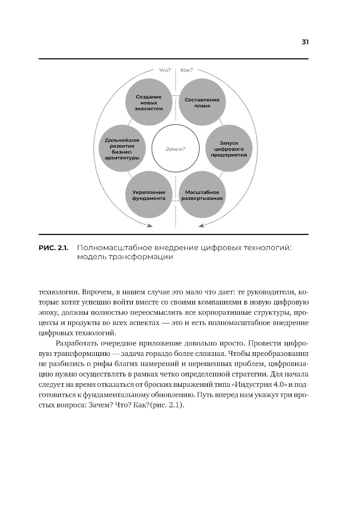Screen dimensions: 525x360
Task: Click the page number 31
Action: (x=305, y=42)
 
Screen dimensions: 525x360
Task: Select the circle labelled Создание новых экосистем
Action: (x=148, y=103)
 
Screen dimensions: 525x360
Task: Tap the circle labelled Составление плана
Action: (x=202, y=103)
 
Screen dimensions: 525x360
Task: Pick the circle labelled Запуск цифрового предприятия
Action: (x=229, y=149)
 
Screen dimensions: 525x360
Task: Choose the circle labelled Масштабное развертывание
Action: (x=202, y=195)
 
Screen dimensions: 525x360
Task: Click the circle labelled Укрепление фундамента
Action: (x=148, y=195)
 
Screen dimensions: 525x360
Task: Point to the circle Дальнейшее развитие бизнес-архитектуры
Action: (x=122, y=149)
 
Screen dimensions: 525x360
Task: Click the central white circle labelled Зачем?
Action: (x=175, y=149)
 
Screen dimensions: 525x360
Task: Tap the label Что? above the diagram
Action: (x=165, y=70)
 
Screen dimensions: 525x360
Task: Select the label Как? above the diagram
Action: (x=186, y=70)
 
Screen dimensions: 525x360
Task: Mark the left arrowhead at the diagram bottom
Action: (x=150, y=226)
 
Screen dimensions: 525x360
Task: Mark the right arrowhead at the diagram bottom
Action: (x=201, y=226)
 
